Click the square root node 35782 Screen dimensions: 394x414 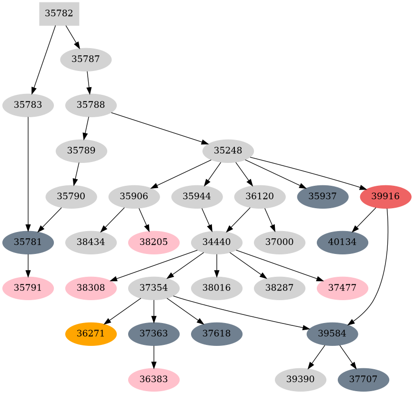coord(59,13)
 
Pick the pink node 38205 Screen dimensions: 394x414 coord(154,242)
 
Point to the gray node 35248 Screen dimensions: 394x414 coord(228,151)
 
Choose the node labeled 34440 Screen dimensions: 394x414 coord(217,242)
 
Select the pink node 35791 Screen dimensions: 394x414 coord(28,288)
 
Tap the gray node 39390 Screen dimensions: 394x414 coord(301,380)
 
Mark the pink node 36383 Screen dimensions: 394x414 coord(154,380)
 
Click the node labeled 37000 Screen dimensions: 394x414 coord(280,242)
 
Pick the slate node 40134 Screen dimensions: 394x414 coord(343,242)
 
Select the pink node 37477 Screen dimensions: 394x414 coord(343,288)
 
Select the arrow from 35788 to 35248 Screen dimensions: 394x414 coord(157,127)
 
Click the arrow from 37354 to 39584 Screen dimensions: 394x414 coord(238,312)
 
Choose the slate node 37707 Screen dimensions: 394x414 coord(364,380)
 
